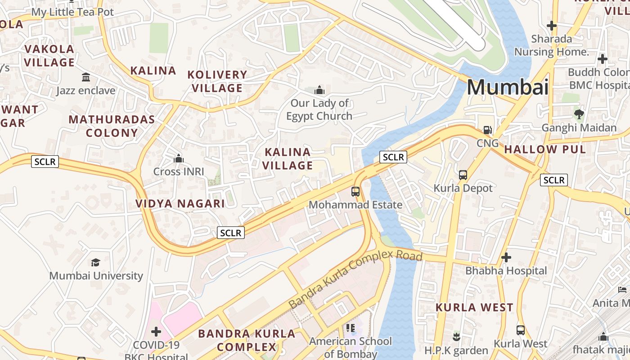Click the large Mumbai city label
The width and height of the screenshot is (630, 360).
pos(508,87)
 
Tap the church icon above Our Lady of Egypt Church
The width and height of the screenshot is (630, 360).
pos(319,90)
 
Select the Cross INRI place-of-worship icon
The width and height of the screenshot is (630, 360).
pos(179,158)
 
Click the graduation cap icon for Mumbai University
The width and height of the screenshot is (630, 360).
pos(95,262)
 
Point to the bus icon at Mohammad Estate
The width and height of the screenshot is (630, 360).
pos(355,192)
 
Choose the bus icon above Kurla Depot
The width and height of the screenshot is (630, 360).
pos(463,175)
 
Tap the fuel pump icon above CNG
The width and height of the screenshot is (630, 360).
pos(487,130)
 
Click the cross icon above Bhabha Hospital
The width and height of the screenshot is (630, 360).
pos(506,257)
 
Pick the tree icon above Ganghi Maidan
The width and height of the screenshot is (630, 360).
pos(579,114)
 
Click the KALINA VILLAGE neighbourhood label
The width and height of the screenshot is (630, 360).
pos(288,159)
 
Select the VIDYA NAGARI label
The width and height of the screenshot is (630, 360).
pos(180,203)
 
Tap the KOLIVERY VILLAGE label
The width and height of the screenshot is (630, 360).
pos(217,81)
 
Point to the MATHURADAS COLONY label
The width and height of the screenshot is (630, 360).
pos(112,126)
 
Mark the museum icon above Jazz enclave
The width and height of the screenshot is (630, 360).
pos(86,77)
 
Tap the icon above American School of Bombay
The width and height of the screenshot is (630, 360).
pos(351,328)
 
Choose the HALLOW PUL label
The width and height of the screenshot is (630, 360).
pos(545,149)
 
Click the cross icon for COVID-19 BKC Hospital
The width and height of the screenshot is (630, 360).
pos(156,332)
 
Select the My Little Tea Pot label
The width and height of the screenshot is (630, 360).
pos(72,12)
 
